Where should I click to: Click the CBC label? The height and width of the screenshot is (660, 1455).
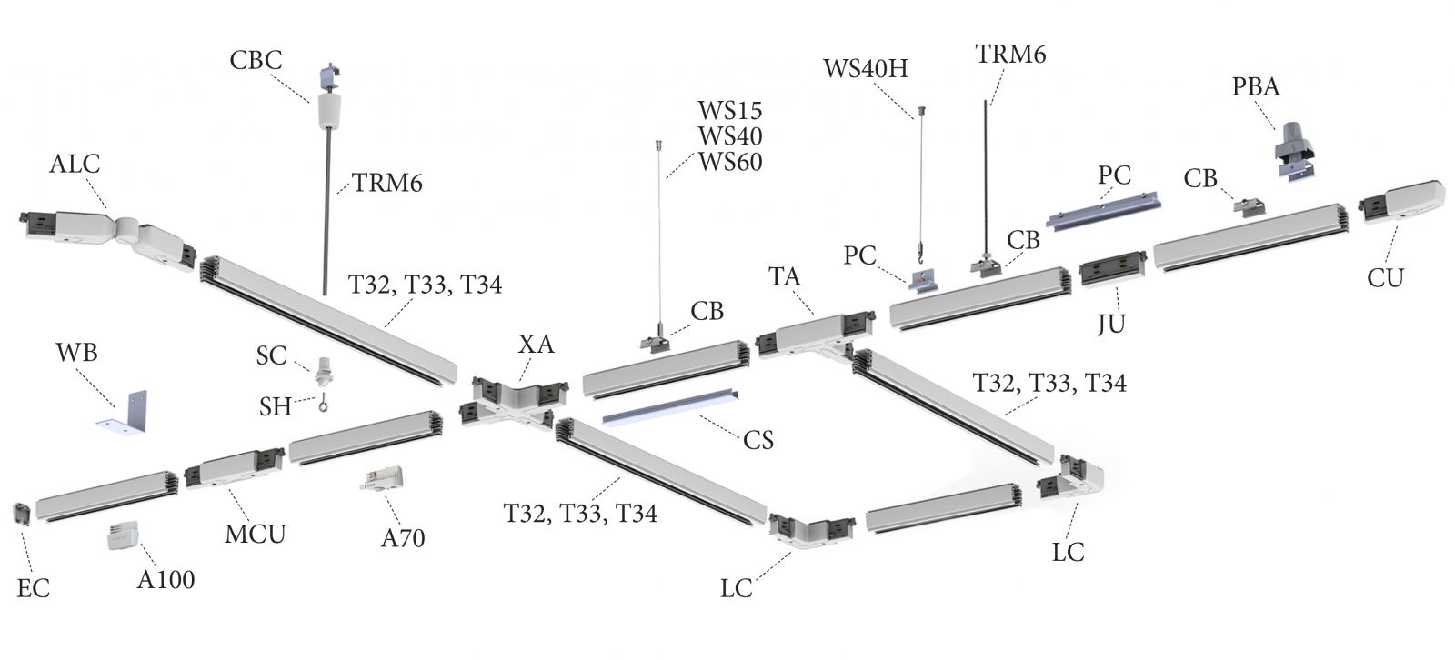(256, 60)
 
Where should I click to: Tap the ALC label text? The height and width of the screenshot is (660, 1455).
(75, 165)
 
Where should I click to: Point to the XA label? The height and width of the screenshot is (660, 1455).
(536, 344)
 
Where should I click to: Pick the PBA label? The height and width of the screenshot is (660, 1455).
(1256, 86)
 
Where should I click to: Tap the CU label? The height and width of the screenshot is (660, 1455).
(1385, 277)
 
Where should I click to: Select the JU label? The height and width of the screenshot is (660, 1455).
(1111, 323)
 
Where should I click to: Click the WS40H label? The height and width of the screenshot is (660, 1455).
(865, 68)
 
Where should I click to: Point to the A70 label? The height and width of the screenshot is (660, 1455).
(402, 538)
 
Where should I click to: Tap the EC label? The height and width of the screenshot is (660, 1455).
(34, 588)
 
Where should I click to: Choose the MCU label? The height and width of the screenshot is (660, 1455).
(256, 534)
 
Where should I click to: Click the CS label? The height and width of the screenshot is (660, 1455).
(758, 440)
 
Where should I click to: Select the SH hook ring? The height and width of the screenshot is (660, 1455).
(323, 405)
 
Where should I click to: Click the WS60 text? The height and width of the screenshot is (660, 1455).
(730, 162)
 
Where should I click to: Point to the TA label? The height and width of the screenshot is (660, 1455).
(785, 276)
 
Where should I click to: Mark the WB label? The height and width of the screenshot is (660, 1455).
(76, 352)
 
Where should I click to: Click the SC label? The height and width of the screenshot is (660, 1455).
(271, 355)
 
